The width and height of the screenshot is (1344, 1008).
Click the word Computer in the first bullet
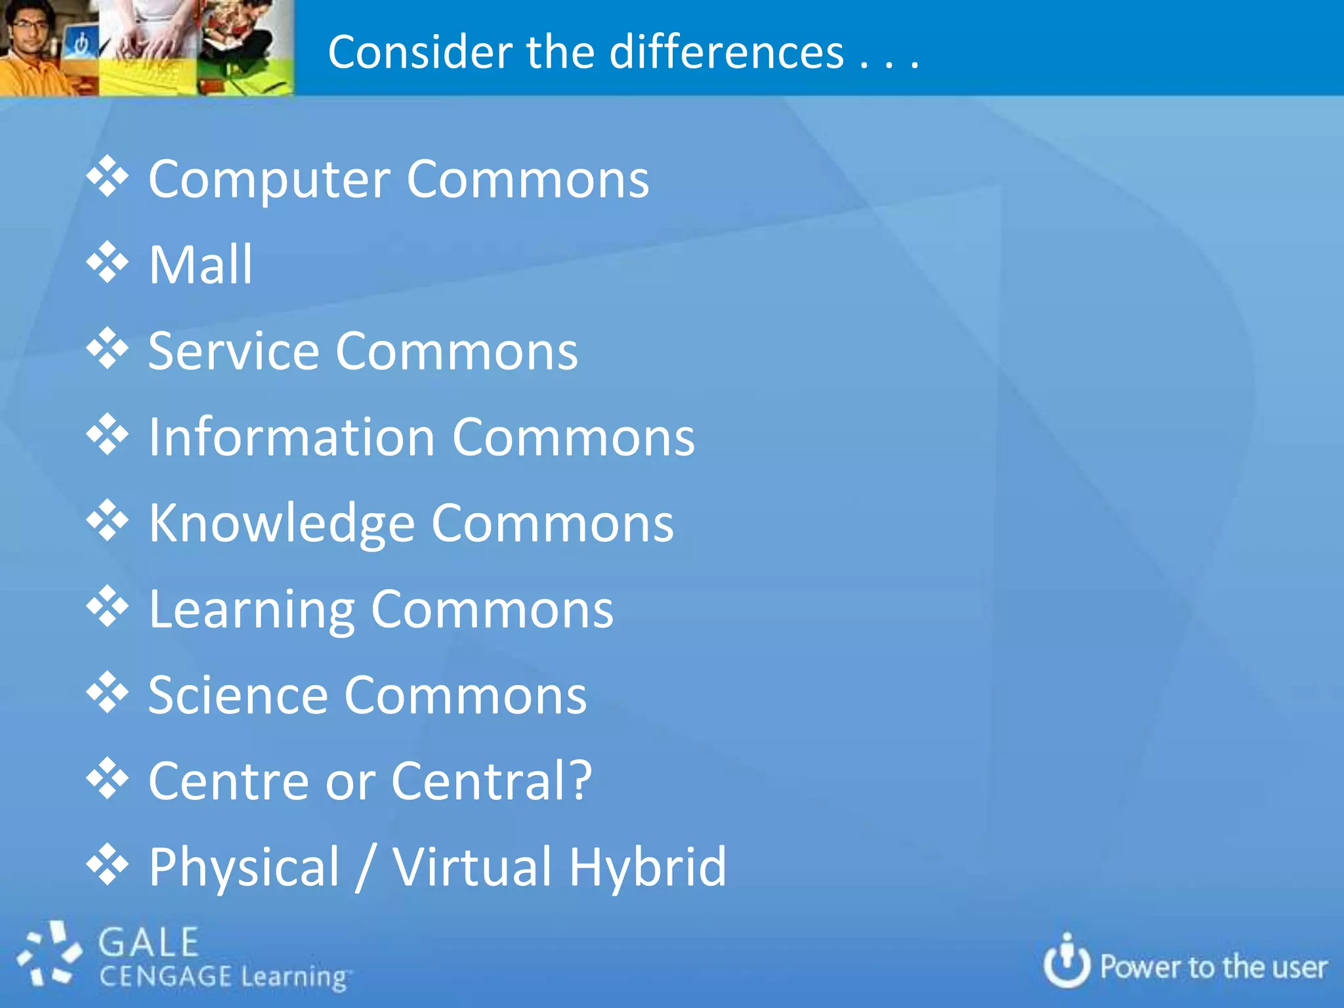(269, 180)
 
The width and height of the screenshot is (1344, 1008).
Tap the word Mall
(200, 265)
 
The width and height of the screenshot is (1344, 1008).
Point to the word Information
(291, 438)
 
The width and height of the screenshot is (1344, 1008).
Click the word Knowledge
(281, 524)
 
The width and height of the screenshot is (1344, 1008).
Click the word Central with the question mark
(492, 782)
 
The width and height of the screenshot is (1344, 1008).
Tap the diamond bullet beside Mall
(107, 262)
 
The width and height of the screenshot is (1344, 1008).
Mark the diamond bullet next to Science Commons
(107, 693)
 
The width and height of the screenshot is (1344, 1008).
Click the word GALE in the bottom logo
(149, 943)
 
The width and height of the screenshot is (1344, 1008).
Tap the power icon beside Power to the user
(1066, 962)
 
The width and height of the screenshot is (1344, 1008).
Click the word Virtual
(472, 868)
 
